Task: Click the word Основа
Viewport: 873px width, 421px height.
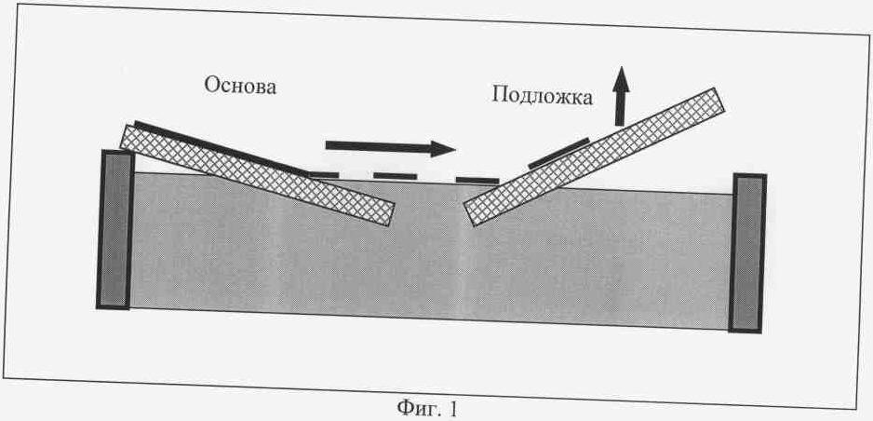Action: [240, 86]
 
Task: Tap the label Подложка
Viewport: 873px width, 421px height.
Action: [543, 96]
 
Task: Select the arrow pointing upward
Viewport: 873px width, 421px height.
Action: [621, 96]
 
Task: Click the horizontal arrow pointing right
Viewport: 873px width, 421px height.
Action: [390, 147]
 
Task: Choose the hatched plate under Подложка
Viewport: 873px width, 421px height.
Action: [594, 157]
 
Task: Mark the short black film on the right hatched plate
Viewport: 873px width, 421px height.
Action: [558, 153]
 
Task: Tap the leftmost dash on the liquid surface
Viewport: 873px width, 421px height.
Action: [324, 175]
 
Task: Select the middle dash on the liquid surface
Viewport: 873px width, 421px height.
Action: [395, 177]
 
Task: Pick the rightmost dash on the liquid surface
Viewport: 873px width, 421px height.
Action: [477, 181]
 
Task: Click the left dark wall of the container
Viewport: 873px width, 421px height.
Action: [115, 229]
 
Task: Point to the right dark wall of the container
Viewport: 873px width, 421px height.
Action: [747, 253]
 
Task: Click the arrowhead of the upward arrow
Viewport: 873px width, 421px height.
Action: [621, 78]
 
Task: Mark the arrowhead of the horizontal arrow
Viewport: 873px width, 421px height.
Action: [443, 149]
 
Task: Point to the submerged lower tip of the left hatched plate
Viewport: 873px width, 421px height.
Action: [389, 215]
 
